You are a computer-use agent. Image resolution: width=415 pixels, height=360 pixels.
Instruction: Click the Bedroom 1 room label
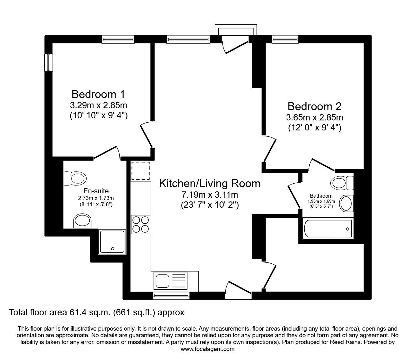tap(98, 94)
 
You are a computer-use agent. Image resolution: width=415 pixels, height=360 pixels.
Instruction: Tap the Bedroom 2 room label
tap(314, 106)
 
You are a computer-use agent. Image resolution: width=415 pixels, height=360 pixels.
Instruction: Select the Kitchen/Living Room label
tap(209, 183)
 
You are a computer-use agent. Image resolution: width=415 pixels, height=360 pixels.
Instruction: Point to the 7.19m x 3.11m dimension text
tap(209, 195)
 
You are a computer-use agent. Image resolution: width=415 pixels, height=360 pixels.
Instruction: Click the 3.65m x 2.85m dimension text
tap(314, 118)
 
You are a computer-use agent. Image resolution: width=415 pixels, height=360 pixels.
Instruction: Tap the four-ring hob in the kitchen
tap(140, 224)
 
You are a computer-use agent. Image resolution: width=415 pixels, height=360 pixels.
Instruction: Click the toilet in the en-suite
tap(75, 179)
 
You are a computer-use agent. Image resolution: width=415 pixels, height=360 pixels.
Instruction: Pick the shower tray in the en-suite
tap(112, 241)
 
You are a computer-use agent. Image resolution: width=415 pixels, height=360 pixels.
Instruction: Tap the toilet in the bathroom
tap(342, 183)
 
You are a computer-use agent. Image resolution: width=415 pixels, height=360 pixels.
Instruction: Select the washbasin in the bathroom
tap(346, 203)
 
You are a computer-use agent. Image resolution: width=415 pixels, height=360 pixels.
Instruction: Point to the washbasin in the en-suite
tap(82, 221)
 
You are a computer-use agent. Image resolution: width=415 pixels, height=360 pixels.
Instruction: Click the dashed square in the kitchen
tap(140, 170)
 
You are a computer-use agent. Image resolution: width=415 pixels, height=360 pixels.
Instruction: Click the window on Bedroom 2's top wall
tap(285, 39)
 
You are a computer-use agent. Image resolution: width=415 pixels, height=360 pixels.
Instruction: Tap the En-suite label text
tap(96, 191)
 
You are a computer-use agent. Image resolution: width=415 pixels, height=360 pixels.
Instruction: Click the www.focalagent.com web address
tap(207, 349)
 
